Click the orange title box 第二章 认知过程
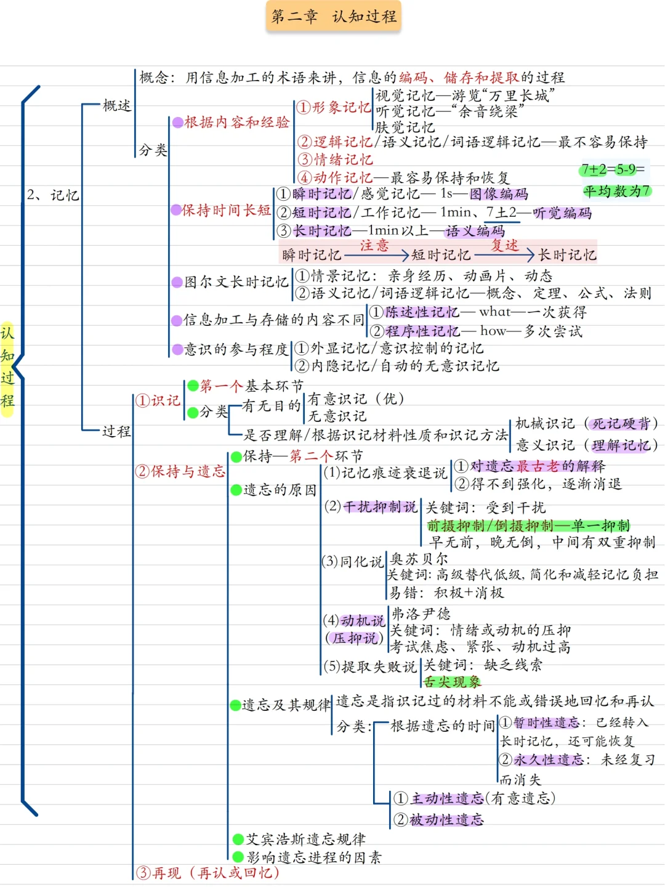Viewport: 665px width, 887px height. tap(334, 17)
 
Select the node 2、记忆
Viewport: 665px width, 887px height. tap(53, 195)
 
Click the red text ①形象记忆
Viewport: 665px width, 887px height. tap(333, 107)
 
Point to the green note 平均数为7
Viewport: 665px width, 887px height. tap(616, 191)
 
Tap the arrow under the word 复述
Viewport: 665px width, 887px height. tap(504, 254)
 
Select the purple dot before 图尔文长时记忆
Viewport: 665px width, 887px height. tap(177, 282)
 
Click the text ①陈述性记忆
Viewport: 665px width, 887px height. tap(414, 312)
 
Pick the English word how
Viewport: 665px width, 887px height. tap(493, 331)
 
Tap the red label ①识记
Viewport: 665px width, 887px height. tap(158, 400)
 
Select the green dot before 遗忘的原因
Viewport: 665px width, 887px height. tap(236, 490)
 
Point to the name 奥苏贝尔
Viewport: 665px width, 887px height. tap(419, 559)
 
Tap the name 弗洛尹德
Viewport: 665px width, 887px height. tap(421, 614)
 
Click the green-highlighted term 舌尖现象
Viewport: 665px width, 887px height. tap(453, 682)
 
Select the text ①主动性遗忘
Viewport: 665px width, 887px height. tap(439, 799)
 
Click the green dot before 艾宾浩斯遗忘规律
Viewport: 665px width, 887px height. tap(238, 839)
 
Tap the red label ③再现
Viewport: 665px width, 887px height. tap(158, 873)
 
